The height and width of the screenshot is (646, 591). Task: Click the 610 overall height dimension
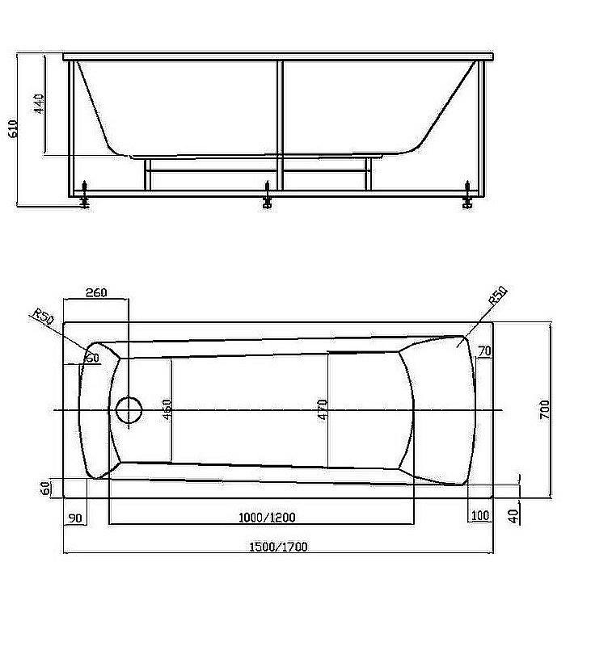12,129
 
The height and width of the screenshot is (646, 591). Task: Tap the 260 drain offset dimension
95,292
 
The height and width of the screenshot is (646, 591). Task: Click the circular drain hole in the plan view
128,410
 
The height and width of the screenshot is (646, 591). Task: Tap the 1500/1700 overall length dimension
277,547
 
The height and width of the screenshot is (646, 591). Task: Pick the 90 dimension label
75,517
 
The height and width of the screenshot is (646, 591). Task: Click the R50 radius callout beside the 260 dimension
41,317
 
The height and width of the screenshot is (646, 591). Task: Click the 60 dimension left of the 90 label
47,487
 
